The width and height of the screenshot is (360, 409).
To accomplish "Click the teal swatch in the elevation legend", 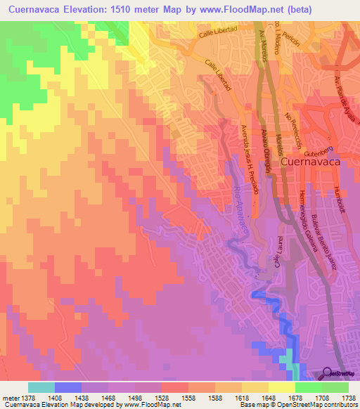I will point(41,387).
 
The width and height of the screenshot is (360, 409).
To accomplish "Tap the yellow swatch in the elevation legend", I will point(281,387).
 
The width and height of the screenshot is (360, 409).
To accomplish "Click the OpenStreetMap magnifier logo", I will point(327,374).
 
